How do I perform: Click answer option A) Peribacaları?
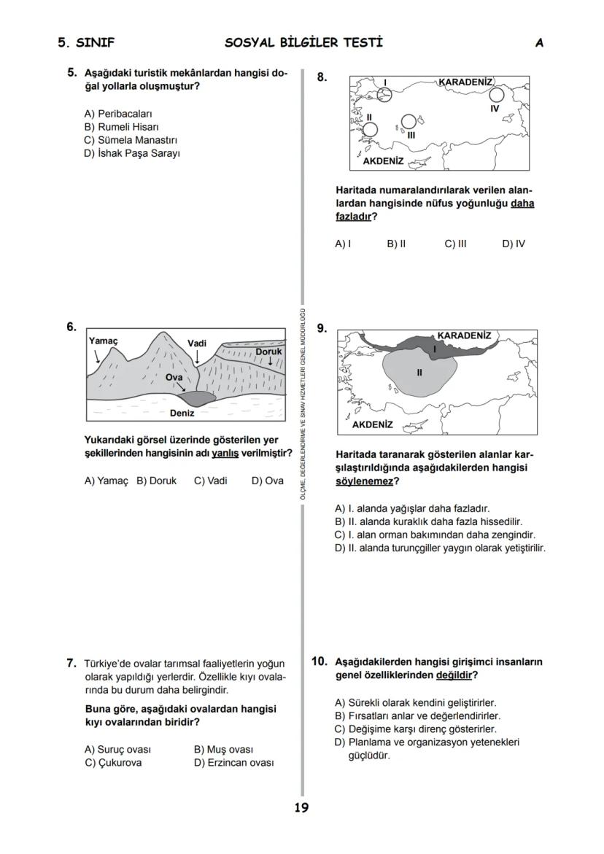118,114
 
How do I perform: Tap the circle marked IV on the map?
497,95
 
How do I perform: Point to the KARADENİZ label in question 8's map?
465,82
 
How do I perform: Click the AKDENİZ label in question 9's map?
372,424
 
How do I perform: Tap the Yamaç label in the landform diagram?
103,341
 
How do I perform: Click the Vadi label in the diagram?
197,343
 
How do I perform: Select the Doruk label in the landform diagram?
268,352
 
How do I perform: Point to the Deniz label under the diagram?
182,414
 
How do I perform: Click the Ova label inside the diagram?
174,377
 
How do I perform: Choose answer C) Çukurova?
113,763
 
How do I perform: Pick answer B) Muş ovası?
223,750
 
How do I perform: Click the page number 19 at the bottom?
301,808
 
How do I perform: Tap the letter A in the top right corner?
539,43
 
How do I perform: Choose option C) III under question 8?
455,244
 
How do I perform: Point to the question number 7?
71,663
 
